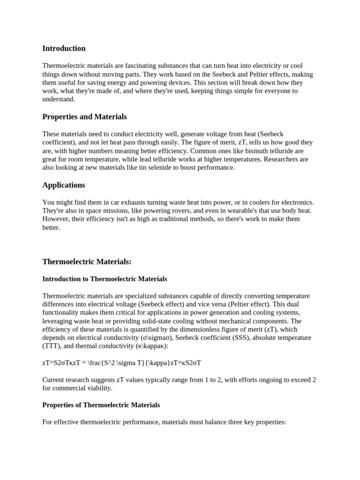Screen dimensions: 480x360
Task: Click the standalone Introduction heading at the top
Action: pyautogui.click(x=64, y=48)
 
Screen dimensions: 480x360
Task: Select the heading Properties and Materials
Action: pyautogui.click(x=84, y=117)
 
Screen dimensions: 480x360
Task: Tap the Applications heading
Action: pyautogui.click(x=64, y=185)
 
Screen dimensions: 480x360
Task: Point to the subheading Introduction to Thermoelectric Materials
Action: pyautogui.click(x=105, y=279)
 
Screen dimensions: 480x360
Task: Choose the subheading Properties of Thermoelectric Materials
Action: pyautogui.click(x=101, y=405)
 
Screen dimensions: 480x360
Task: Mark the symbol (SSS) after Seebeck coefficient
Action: pyautogui.click(x=262, y=338)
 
